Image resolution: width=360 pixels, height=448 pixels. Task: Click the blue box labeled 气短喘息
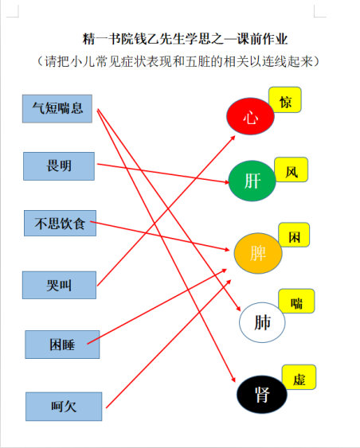tap(57, 108)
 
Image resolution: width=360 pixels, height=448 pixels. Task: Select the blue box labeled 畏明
tap(59, 166)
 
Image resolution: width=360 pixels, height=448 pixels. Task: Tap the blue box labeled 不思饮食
tap(60, 223)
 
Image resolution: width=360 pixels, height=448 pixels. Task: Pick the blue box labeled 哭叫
tap(59, 285)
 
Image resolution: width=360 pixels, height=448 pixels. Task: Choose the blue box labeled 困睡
tap(62, 345)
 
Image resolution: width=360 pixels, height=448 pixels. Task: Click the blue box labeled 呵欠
tap(64, 407)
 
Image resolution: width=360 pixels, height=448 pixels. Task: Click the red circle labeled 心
tap(250, 116)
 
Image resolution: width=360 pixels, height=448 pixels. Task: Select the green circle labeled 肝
tap(252, 181)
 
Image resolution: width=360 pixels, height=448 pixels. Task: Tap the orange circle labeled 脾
tap(258, 253)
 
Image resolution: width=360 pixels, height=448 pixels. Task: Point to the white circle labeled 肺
tap(262, 322)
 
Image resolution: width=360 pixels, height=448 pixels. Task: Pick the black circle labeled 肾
tap(262, 395)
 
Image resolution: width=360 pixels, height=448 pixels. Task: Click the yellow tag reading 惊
tap(285, 99)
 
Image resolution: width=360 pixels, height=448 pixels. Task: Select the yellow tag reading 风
tap(291, 169)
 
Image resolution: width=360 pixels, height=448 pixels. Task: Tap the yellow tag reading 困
tap(294, 235)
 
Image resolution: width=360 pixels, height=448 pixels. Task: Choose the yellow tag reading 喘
tap(296, 301)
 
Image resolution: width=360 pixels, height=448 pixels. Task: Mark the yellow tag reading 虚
tap(299, 377)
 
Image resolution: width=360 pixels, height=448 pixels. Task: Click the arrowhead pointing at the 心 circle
tap(233, 138)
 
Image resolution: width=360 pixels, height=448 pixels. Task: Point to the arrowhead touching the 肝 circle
tap(227, 182)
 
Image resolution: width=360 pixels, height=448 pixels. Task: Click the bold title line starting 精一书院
tap(185, 39)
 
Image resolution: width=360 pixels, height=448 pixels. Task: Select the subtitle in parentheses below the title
tap(178, 61)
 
